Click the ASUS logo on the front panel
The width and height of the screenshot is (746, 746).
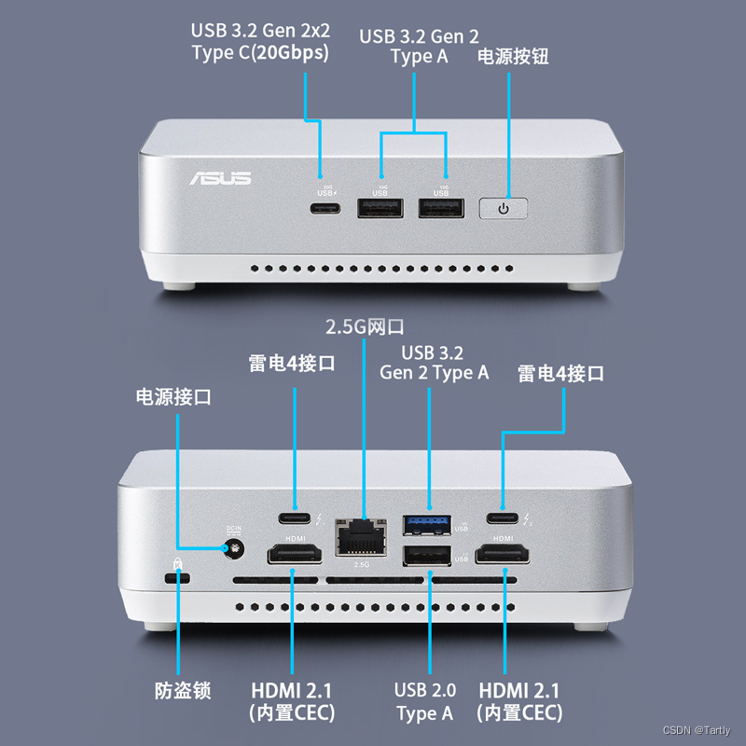point(221,177)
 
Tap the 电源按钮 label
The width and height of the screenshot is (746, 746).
point(513,56)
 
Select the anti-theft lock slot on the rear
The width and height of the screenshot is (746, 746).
point(176,579)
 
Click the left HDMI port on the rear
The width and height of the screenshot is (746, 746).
point(296,557)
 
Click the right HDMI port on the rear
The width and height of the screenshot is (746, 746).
point(504,557)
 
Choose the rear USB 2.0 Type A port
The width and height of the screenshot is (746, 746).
point(427,557)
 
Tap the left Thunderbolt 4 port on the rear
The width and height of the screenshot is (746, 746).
point(296,518)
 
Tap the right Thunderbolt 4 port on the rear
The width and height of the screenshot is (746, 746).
point(504,518)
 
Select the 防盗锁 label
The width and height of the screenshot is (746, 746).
point(183,691)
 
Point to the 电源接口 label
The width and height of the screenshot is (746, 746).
point(173,397)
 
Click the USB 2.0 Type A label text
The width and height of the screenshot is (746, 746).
point(425,701)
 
